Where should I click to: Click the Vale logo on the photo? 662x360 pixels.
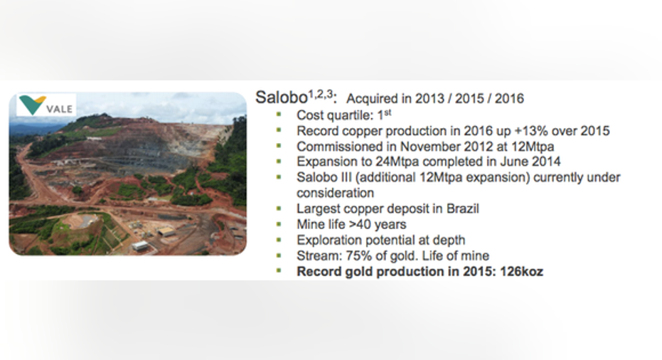[46, 105]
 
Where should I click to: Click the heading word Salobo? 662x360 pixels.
[281, 97]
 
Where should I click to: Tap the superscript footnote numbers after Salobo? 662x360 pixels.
[321, 94]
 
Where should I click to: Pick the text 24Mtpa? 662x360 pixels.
[397, 162]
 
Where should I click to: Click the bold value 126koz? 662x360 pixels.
[521, 272]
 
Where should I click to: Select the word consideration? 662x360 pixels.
[335, 193]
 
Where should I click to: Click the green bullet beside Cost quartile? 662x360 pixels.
[279, 115]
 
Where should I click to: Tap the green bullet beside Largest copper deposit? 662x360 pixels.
[279, 208]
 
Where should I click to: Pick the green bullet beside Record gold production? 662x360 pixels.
[279, 271]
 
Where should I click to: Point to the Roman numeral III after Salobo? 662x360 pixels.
[346, 177]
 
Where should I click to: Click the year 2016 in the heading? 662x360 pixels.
[509, 98]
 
